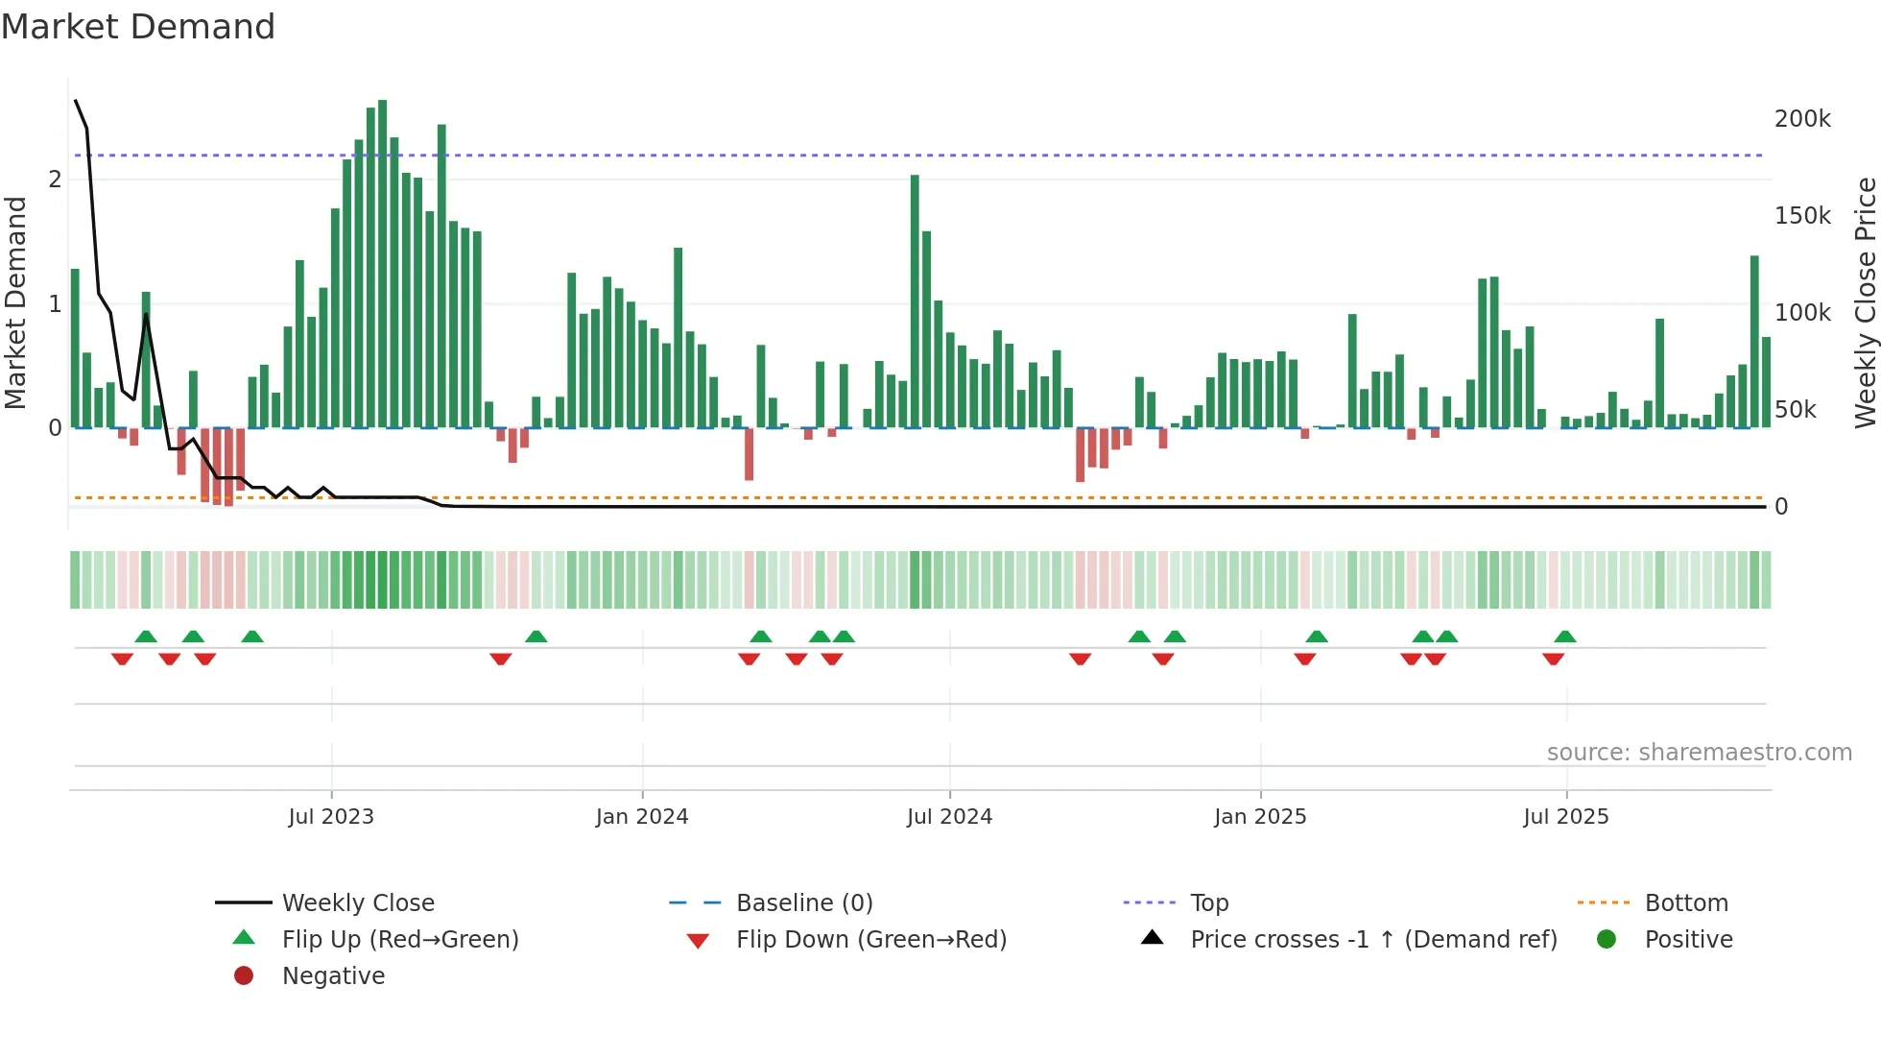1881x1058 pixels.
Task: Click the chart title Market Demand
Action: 138,27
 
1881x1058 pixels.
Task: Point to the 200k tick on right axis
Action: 1801,119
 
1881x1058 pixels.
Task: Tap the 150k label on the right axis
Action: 1801,216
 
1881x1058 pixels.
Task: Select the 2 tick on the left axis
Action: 55,180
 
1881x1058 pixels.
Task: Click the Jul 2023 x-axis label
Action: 331,817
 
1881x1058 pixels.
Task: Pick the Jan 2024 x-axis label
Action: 642,817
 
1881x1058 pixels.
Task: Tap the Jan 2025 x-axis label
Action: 1259,817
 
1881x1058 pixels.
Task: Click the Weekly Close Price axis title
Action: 1865,302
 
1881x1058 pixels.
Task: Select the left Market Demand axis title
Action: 16,302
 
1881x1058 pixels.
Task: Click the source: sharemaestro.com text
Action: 1699,753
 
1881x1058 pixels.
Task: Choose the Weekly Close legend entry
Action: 357,903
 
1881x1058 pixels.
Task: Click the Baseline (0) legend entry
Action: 803,903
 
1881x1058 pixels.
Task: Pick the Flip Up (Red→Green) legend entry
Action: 399,940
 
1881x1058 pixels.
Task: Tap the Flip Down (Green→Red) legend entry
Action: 870,940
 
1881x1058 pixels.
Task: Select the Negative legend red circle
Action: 244,976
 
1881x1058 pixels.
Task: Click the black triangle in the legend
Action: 1153,938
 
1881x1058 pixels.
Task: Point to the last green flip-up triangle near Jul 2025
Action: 1565,637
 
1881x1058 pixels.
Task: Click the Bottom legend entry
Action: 1685,903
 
